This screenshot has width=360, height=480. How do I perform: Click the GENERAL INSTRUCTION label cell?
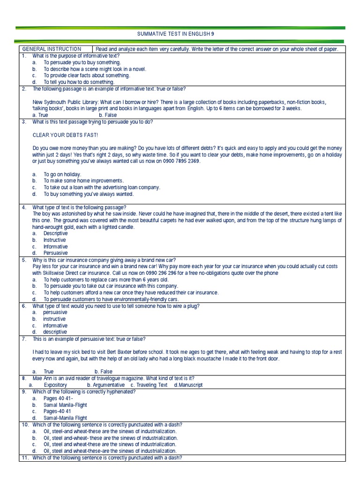click(52, 49)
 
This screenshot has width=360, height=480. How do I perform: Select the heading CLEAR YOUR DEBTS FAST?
click(65, 135)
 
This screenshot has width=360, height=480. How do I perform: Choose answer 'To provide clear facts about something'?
click(87, 75)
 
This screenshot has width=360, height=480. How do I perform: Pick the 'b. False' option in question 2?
click(108, 115)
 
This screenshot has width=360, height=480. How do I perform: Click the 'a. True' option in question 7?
click(45, 371)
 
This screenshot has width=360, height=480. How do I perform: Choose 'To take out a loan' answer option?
click(102, 187)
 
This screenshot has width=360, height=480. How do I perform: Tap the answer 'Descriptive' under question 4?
click(55, 233)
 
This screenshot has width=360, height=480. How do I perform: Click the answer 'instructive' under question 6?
click(54, 319)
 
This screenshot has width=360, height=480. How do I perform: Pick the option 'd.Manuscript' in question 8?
click(188, 385)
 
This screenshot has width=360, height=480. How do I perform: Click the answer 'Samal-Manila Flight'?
click(65, 418)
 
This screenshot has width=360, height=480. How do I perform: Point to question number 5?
click(24, 259)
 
